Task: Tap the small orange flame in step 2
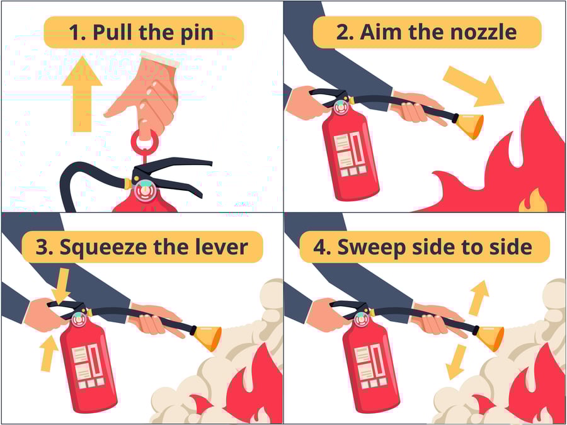532,201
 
